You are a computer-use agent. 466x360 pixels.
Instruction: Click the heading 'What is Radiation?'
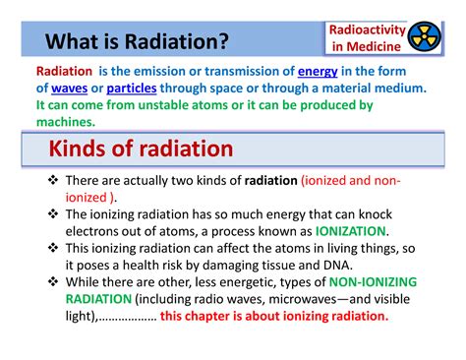pos(137,42)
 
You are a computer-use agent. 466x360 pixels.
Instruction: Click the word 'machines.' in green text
pos(66,122)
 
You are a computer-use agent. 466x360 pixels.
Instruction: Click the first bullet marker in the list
pos(53,181)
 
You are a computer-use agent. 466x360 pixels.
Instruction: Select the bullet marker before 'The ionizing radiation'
pos(53,213)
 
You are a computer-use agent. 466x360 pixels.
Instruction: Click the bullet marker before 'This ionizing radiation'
pos(53,247)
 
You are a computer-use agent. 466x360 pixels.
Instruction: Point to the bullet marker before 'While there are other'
pos(53,281)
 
